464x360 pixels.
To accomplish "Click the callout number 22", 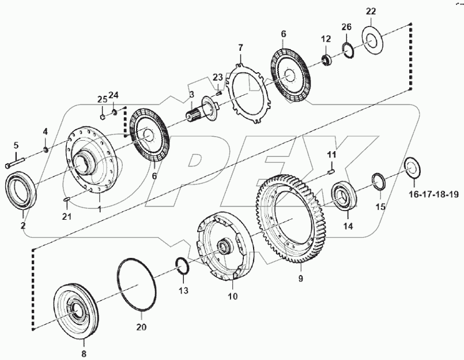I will [x=370, y=12].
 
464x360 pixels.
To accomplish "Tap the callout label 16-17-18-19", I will [x=433, y=194].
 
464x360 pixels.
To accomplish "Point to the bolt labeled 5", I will [x=15, y=163].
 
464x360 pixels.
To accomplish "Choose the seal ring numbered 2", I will [x=20, y=186].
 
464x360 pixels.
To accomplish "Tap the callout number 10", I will [x=232, y=298].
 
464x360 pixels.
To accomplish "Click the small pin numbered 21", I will [x=66, y=200].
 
